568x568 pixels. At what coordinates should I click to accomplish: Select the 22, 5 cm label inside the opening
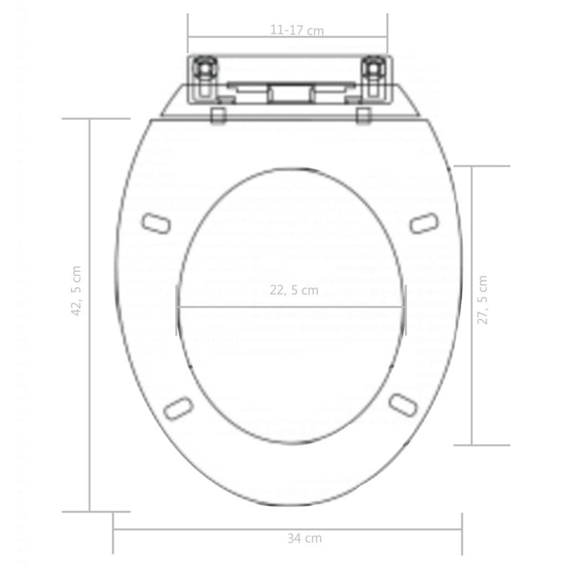point(294,290)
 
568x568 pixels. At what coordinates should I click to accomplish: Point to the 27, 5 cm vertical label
point(482,300)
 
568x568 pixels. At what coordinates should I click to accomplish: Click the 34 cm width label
point(304,538)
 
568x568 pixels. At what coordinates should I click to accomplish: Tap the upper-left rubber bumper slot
point(156,222)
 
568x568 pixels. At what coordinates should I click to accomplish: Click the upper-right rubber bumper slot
point(424,223)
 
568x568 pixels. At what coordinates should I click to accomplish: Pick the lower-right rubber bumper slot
point(403,404)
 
